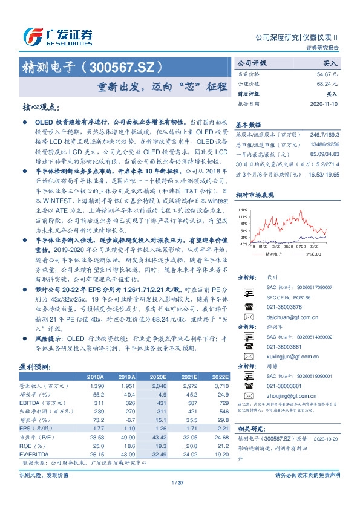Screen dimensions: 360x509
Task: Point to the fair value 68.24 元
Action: pos(327,83)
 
